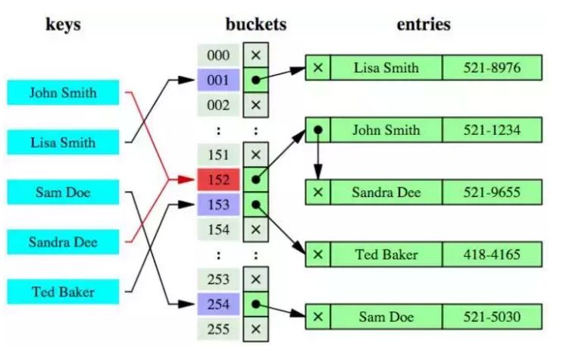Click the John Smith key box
coord(63,93)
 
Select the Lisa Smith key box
coord(63,142)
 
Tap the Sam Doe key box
coord(63,193)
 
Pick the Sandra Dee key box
coord(63,243)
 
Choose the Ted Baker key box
coord(63,291)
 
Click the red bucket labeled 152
coord(218,180)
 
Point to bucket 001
coord(218,80)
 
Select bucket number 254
coord(218,305)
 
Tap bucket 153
coord(218,204)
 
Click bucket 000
coord(218,55)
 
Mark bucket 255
coord(218,329)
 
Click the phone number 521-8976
coord(492,67)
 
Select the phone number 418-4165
coord(492,255)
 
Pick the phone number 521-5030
coord(492,315)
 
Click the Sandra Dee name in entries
coord(386,192)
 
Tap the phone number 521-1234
coord(492,130)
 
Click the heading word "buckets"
coord(255,23)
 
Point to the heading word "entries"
coord(424,23)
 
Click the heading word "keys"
coord(63,23)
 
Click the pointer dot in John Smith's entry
coord(318,130)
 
